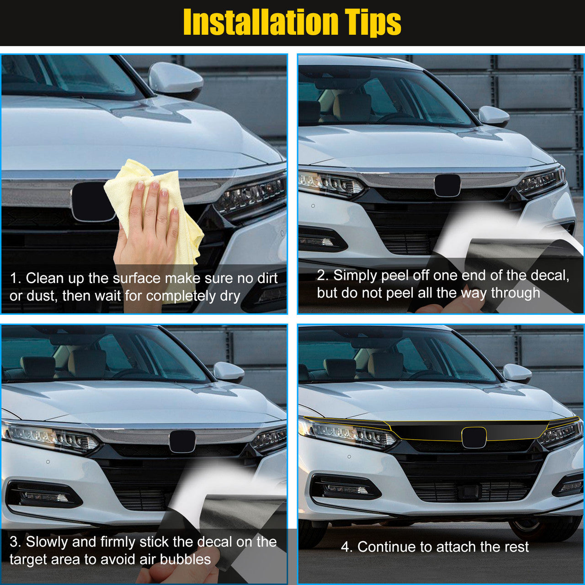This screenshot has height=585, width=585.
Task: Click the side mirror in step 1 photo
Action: point(175,80)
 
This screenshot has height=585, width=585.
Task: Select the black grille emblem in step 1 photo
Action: point(93,202)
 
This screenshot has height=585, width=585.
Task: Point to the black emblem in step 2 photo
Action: point(447,185)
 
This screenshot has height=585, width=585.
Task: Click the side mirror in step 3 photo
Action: point(229,372)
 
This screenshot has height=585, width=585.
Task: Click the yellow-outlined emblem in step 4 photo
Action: point(474,437)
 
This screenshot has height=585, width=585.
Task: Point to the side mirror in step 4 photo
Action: point(517,373)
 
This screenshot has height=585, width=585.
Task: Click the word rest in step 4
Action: point(516,548)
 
